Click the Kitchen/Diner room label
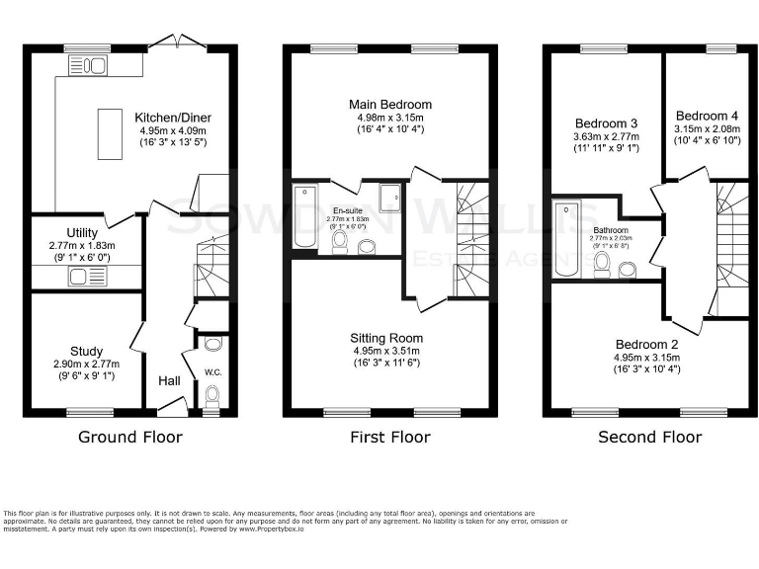[173, 118]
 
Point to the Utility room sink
[79, 277]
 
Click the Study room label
[86, 351]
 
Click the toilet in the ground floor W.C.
[211, 395]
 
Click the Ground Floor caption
[129, 437]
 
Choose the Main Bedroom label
[389, 105]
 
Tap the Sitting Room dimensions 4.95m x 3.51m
[389, 351]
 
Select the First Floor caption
[389, 437]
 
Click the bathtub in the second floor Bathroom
[567, 239]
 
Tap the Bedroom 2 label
[646, 343]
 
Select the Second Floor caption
[649, 437]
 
